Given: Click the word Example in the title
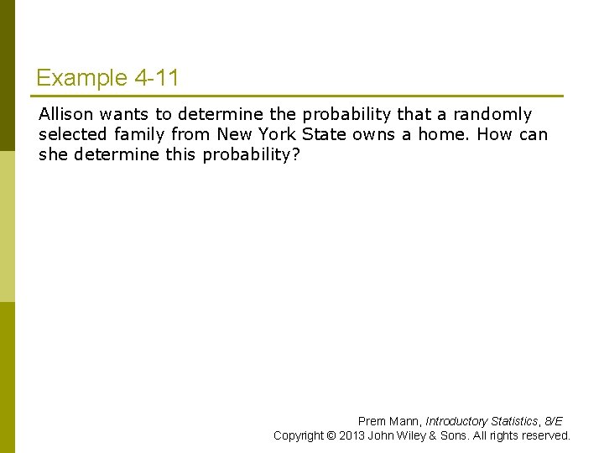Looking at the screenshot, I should (x=81, y=79).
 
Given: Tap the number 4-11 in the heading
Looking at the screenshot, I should (x=156, y=79).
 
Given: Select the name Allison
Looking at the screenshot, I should (x=66, y=114).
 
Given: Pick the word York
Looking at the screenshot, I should (x=279, y=134).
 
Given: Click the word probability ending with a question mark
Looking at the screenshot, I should (x=251, y=154).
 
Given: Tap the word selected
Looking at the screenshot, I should (x=72, y=134).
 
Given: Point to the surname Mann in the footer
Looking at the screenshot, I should (x=404, y=421).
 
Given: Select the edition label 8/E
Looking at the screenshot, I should (x=554, y=421).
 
